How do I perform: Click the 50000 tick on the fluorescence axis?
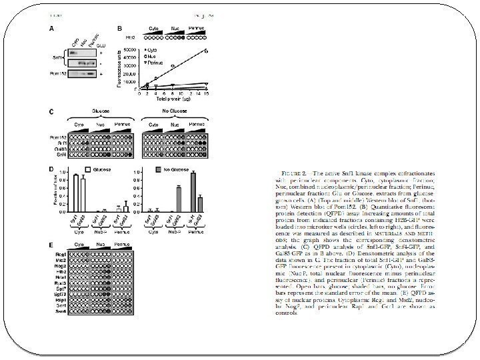point(132,49)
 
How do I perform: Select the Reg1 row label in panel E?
point(61,255)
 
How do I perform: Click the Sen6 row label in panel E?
point(61,314)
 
